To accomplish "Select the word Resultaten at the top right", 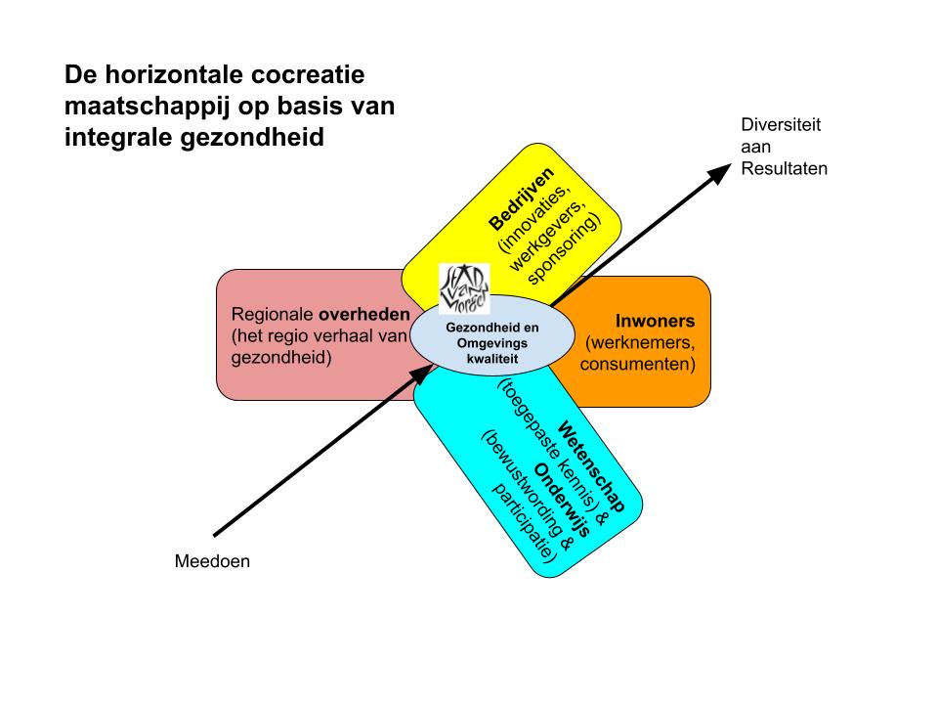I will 785,167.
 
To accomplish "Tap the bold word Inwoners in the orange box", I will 655,321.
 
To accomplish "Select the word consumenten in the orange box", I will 638,365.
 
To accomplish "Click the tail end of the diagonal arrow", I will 216,534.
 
